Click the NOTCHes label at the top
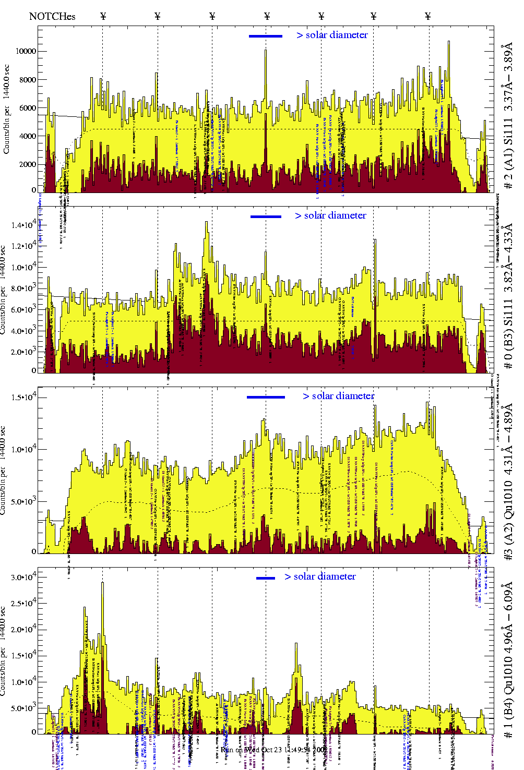pos(52,16)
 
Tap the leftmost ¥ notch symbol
pos(103,16)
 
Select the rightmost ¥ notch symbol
pos(428,16)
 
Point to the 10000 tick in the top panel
pos(26,51)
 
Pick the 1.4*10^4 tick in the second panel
pos(24,225)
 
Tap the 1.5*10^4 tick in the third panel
pos(24,398)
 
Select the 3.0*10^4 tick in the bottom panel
pos(24,577)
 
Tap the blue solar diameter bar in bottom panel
pos(266,578)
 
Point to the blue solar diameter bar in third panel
pos(266,397)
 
